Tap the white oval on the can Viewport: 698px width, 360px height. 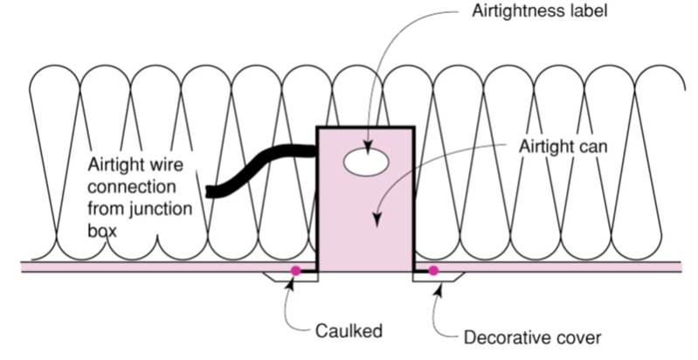[x=366, y=161]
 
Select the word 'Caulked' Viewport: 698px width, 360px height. [x=349, y=331]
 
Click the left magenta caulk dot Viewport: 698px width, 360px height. [x=296, y=271]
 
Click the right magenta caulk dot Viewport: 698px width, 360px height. [x=432, y=271]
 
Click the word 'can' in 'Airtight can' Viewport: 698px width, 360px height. [x=591, y=145]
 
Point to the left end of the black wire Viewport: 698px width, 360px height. [x=211, y=190]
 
